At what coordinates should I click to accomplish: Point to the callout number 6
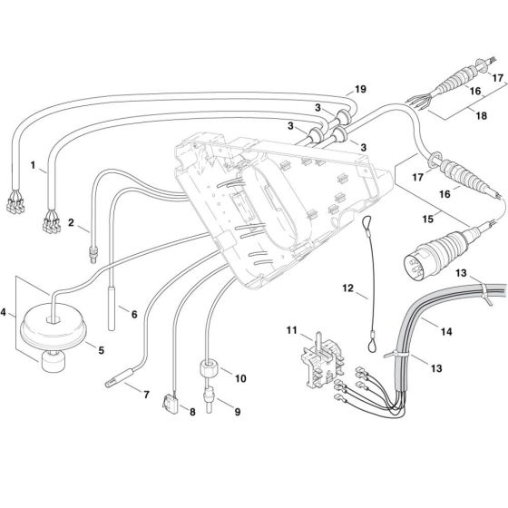[134, 314]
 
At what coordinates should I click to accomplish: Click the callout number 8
[192, 412]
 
